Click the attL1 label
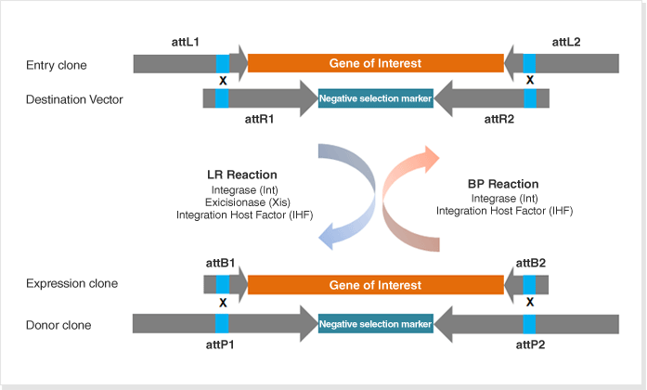coord(186,42)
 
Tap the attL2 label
coord(566,42)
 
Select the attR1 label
coord(260,119)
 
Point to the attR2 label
coord(499,119)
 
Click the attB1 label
coord(220,263)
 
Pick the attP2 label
coord(530,344)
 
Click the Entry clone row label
coord(57,65)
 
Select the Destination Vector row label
coord(74,99)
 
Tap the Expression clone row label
coord(71,283)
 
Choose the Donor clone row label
coord(58,325)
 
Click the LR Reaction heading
coord(242,175)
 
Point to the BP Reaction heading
coord(503,184)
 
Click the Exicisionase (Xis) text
coord(248,202)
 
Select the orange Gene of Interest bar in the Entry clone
coord(376,63)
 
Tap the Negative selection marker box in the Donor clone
coord(376,324)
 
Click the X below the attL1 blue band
coord(223,81)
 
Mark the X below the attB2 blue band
coord(530,302)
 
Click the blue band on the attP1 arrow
coord(222,323)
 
